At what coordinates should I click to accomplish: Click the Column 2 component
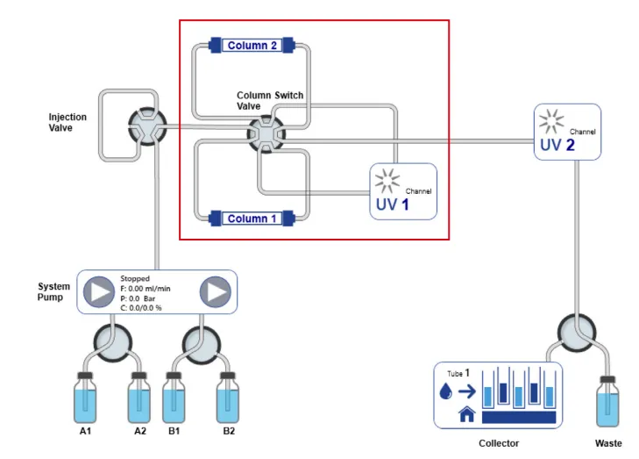[x=252, y=45]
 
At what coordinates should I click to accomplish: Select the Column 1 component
[x=252, y=219]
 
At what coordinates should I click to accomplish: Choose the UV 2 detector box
[x=567, y=132]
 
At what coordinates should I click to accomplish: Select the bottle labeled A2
[x=139, y=398]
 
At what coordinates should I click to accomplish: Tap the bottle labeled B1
[x=173, y=398]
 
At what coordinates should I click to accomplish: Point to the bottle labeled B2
[x=229, y=398]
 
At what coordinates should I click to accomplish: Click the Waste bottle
[x=607, y=402]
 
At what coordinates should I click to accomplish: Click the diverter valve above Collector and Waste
[x=577, y=334]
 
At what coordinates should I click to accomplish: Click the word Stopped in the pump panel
[x=135, y=278]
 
